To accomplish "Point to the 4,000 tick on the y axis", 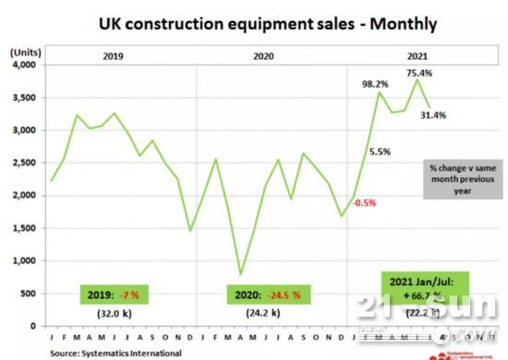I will coord(21,66).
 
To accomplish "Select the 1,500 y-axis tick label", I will coord(21,228).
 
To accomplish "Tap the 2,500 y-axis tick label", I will coord(21,163).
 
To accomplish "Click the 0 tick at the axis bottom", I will coord(30,326).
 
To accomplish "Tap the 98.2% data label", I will coord(374,84).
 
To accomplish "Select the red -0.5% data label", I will coord(367,203).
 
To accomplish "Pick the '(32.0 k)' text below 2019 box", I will coord(111,313).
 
